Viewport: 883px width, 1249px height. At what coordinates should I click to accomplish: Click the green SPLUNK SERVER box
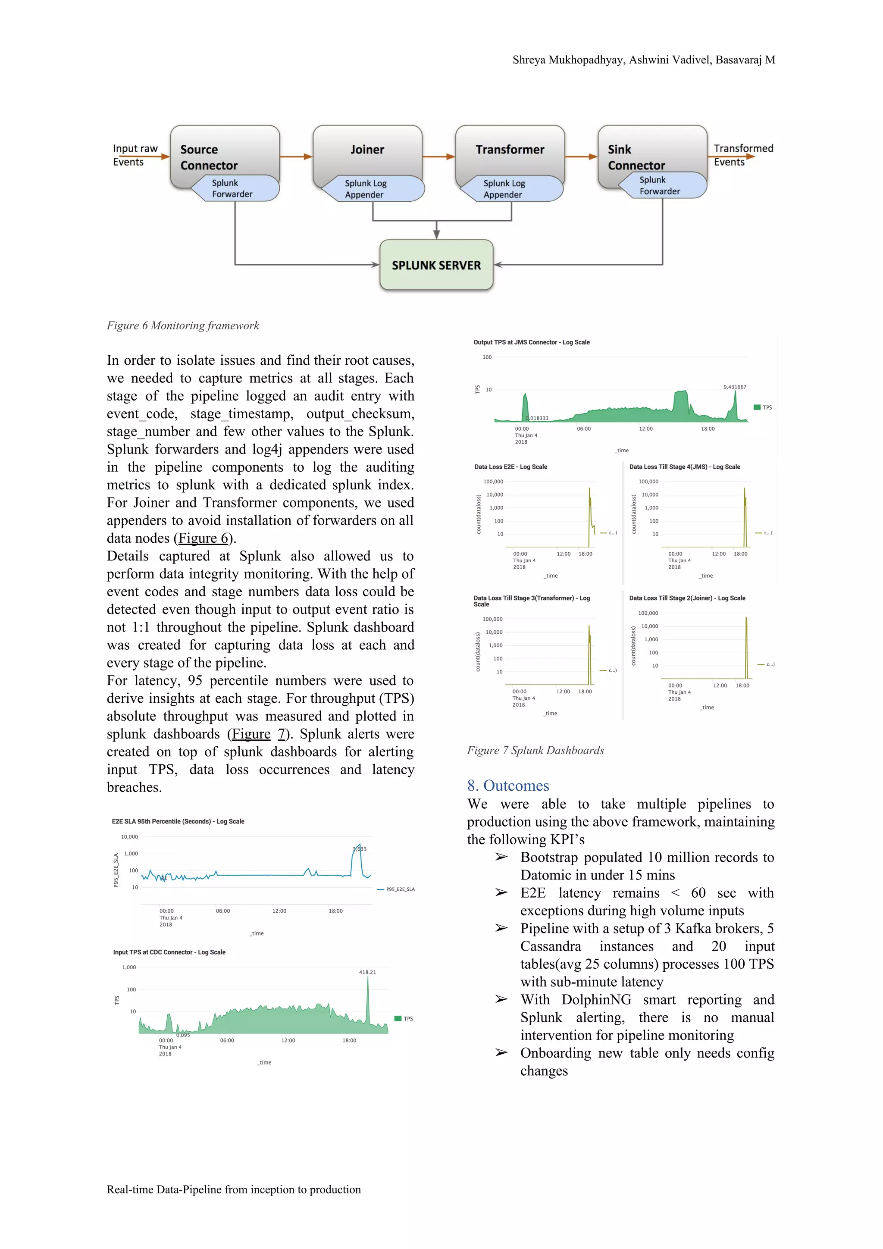pos(436,265)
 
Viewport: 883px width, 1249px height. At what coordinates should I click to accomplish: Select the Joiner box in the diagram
pos(367,150)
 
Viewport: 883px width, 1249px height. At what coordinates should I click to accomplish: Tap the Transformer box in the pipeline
pos(510,150)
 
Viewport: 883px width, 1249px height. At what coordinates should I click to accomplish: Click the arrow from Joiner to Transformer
pos(438,157)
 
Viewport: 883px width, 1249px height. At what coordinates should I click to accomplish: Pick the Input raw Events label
pos(135,155)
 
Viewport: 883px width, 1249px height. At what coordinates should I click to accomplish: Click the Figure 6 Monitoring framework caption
pos(183,326)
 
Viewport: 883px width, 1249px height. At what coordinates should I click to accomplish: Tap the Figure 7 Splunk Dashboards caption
pos(535,750)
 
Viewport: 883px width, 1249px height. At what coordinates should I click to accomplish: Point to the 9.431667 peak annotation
pos(735,387)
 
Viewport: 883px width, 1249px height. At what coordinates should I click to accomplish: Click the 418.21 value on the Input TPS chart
pos(367,972)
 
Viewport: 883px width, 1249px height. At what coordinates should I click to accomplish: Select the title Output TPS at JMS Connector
pos(531,342)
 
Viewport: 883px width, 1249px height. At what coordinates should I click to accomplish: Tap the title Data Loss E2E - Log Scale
pos(510,467)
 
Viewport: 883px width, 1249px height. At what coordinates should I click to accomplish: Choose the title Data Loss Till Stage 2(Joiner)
pos(686,598)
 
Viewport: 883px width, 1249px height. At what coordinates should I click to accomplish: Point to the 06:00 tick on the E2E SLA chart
pos(222,911)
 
